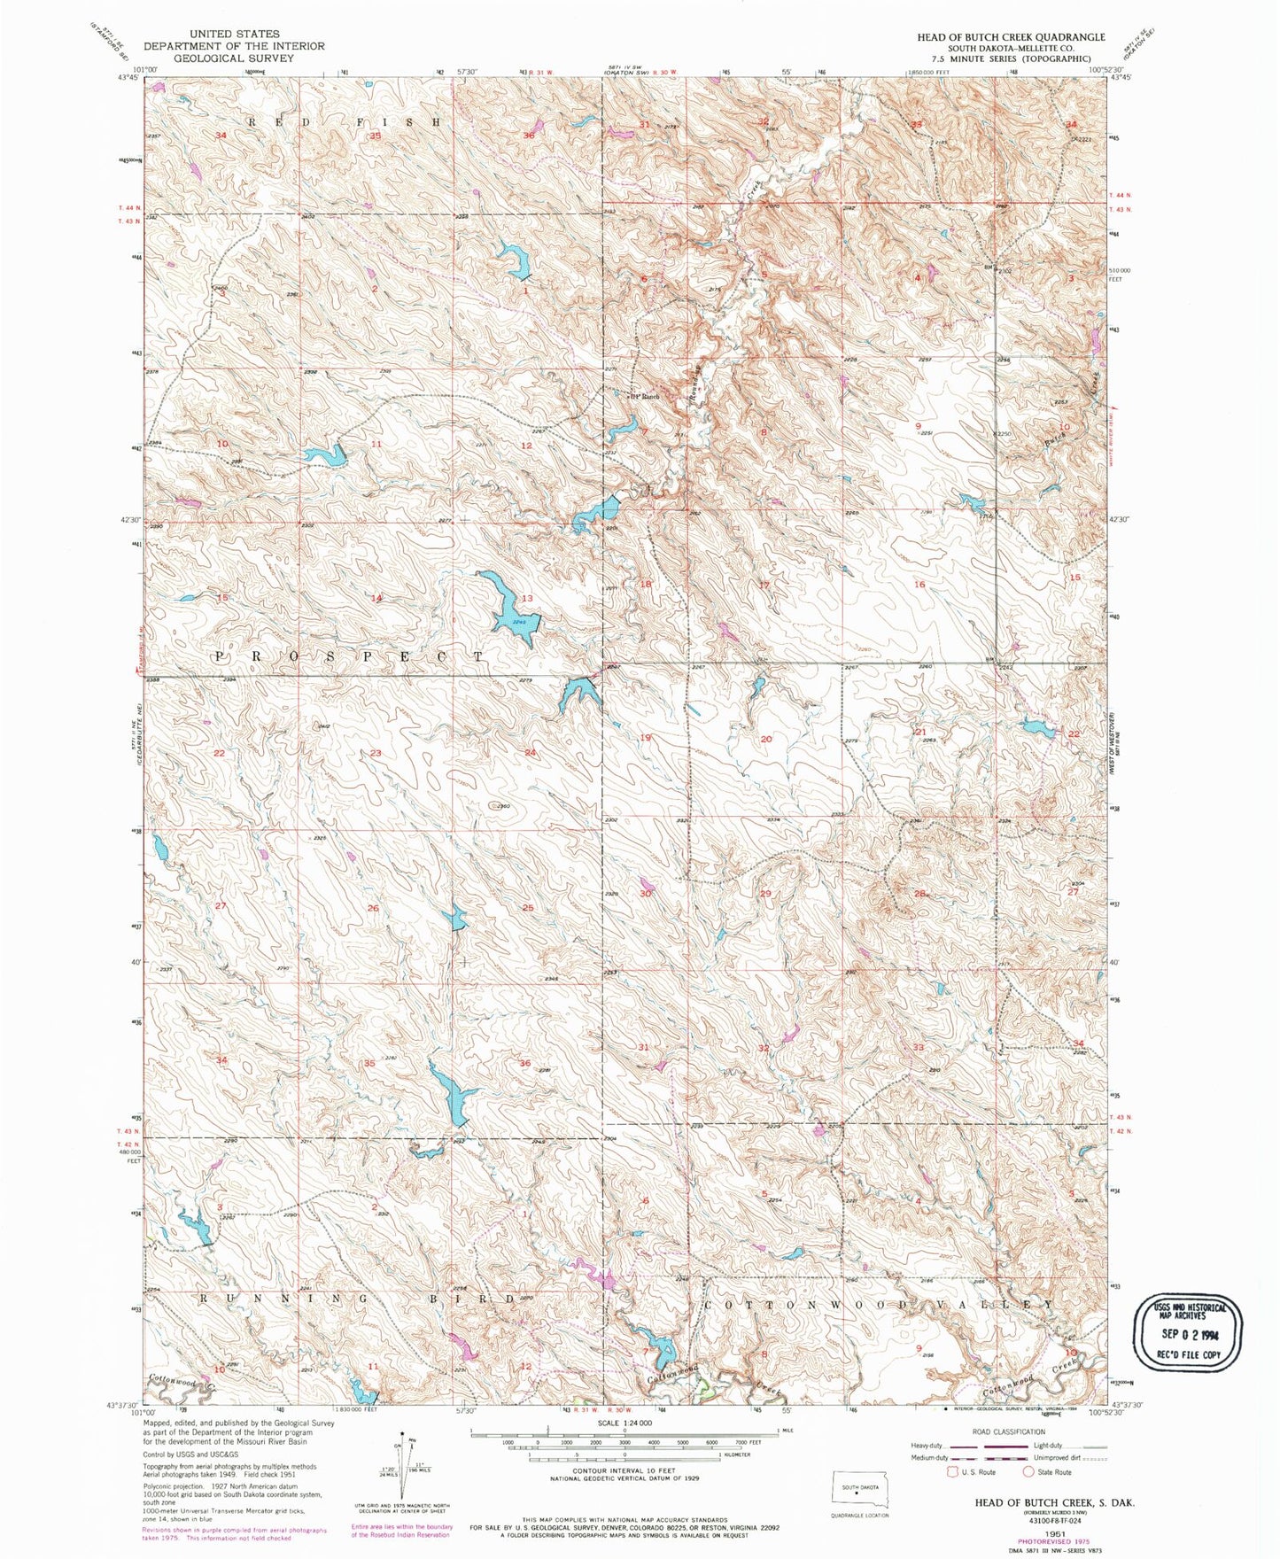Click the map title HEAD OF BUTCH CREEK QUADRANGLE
point(1011,37)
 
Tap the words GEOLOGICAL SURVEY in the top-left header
point(234,58)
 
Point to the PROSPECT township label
point(351,657)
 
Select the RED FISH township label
point(344,122)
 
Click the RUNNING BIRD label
point(356,1299)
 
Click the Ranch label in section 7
point(646,397)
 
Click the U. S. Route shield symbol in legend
point(952,1472)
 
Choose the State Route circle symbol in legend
point(1028,1472)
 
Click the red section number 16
point(919,585)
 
